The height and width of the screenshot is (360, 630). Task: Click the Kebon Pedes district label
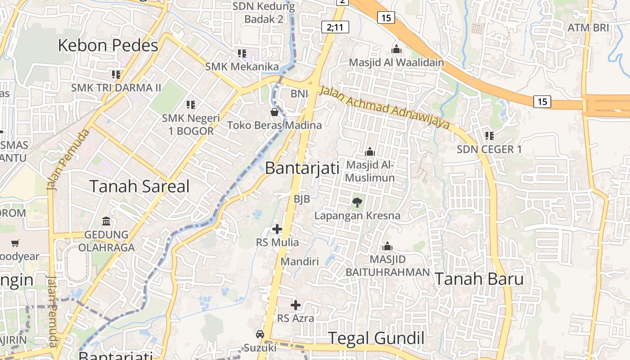(x=108, y=45)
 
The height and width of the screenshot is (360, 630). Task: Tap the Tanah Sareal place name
(x=139, y=186)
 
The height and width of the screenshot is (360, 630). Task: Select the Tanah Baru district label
(x=479, y=279)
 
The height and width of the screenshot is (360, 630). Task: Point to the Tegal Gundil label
(x=376, y=338)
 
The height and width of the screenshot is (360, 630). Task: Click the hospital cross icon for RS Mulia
(x=277, y=229)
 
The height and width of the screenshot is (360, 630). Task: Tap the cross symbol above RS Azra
(x=296, y=305)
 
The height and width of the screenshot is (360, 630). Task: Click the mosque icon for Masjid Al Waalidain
(x=396, y=49)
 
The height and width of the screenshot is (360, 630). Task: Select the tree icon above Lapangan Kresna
(x=357, y=202)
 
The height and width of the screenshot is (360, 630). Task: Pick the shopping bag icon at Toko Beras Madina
(x=274, y=112)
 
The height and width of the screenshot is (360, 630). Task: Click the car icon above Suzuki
(x=260, y=334)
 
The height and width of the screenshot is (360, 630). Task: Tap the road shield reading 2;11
(x=335, y=27)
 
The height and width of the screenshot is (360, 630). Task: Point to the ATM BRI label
(x=588, y=27)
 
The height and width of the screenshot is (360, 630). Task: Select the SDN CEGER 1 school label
(x=489, y=149)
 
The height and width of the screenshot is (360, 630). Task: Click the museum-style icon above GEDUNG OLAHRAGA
(x=107, y=221)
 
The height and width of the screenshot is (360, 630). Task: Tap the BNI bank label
(x=299, y=94)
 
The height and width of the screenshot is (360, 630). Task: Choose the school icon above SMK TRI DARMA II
(x=116, y=74)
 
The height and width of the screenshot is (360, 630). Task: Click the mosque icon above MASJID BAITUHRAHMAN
(x=387, y=246)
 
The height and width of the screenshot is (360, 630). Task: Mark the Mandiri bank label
(x=300, y=261)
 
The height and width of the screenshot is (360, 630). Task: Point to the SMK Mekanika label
(x=242, y=67)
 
